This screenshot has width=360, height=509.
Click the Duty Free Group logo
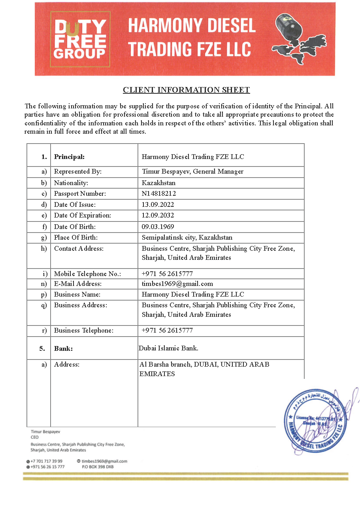[x=80, y=39]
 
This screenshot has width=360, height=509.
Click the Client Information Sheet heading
[x=186, y=90]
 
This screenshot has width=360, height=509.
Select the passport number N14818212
[x=159, y=193]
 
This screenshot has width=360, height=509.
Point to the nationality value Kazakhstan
[x=158, y=183]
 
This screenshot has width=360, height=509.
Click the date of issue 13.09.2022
[x=158, y=204]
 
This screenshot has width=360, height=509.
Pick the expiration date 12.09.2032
[x=158, y=216]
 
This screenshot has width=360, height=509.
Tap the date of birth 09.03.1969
[x=158, y=227]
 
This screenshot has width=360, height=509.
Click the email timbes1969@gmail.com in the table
[x=177, y=284]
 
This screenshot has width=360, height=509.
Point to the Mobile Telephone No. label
[x=87, y=274]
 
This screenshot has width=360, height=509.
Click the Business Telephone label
[x=84, y=330]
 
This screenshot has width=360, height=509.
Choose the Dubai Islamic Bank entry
[x=168, y=348]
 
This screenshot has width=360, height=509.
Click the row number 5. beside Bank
[x=42, y=348]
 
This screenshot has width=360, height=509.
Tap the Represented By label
[x=78, y=171]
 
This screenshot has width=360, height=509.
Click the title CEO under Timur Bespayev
[x=35, y=437]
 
